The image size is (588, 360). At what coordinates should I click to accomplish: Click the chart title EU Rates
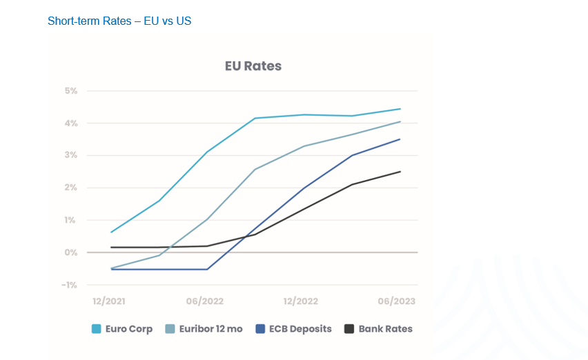253,66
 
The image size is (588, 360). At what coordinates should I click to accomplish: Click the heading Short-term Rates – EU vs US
119,21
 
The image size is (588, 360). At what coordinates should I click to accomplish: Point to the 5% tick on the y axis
72,91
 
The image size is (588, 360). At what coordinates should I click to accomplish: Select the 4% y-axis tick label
72,123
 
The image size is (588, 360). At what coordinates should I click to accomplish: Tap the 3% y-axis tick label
72,156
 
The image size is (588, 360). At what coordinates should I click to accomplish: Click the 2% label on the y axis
72,188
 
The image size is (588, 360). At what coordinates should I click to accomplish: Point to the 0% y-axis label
72,252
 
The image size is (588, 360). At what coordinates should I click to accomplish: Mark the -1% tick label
70,285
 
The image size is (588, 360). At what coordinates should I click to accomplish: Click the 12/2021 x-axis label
110,301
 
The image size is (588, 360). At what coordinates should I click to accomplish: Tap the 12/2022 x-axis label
301,301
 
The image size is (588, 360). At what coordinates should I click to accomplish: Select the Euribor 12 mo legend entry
204,329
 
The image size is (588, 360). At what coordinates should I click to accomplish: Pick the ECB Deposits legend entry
293,329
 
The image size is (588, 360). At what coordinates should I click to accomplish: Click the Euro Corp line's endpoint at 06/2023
400,109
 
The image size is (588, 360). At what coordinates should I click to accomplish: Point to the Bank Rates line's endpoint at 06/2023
400,172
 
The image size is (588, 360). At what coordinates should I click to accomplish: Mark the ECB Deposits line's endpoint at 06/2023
400,139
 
